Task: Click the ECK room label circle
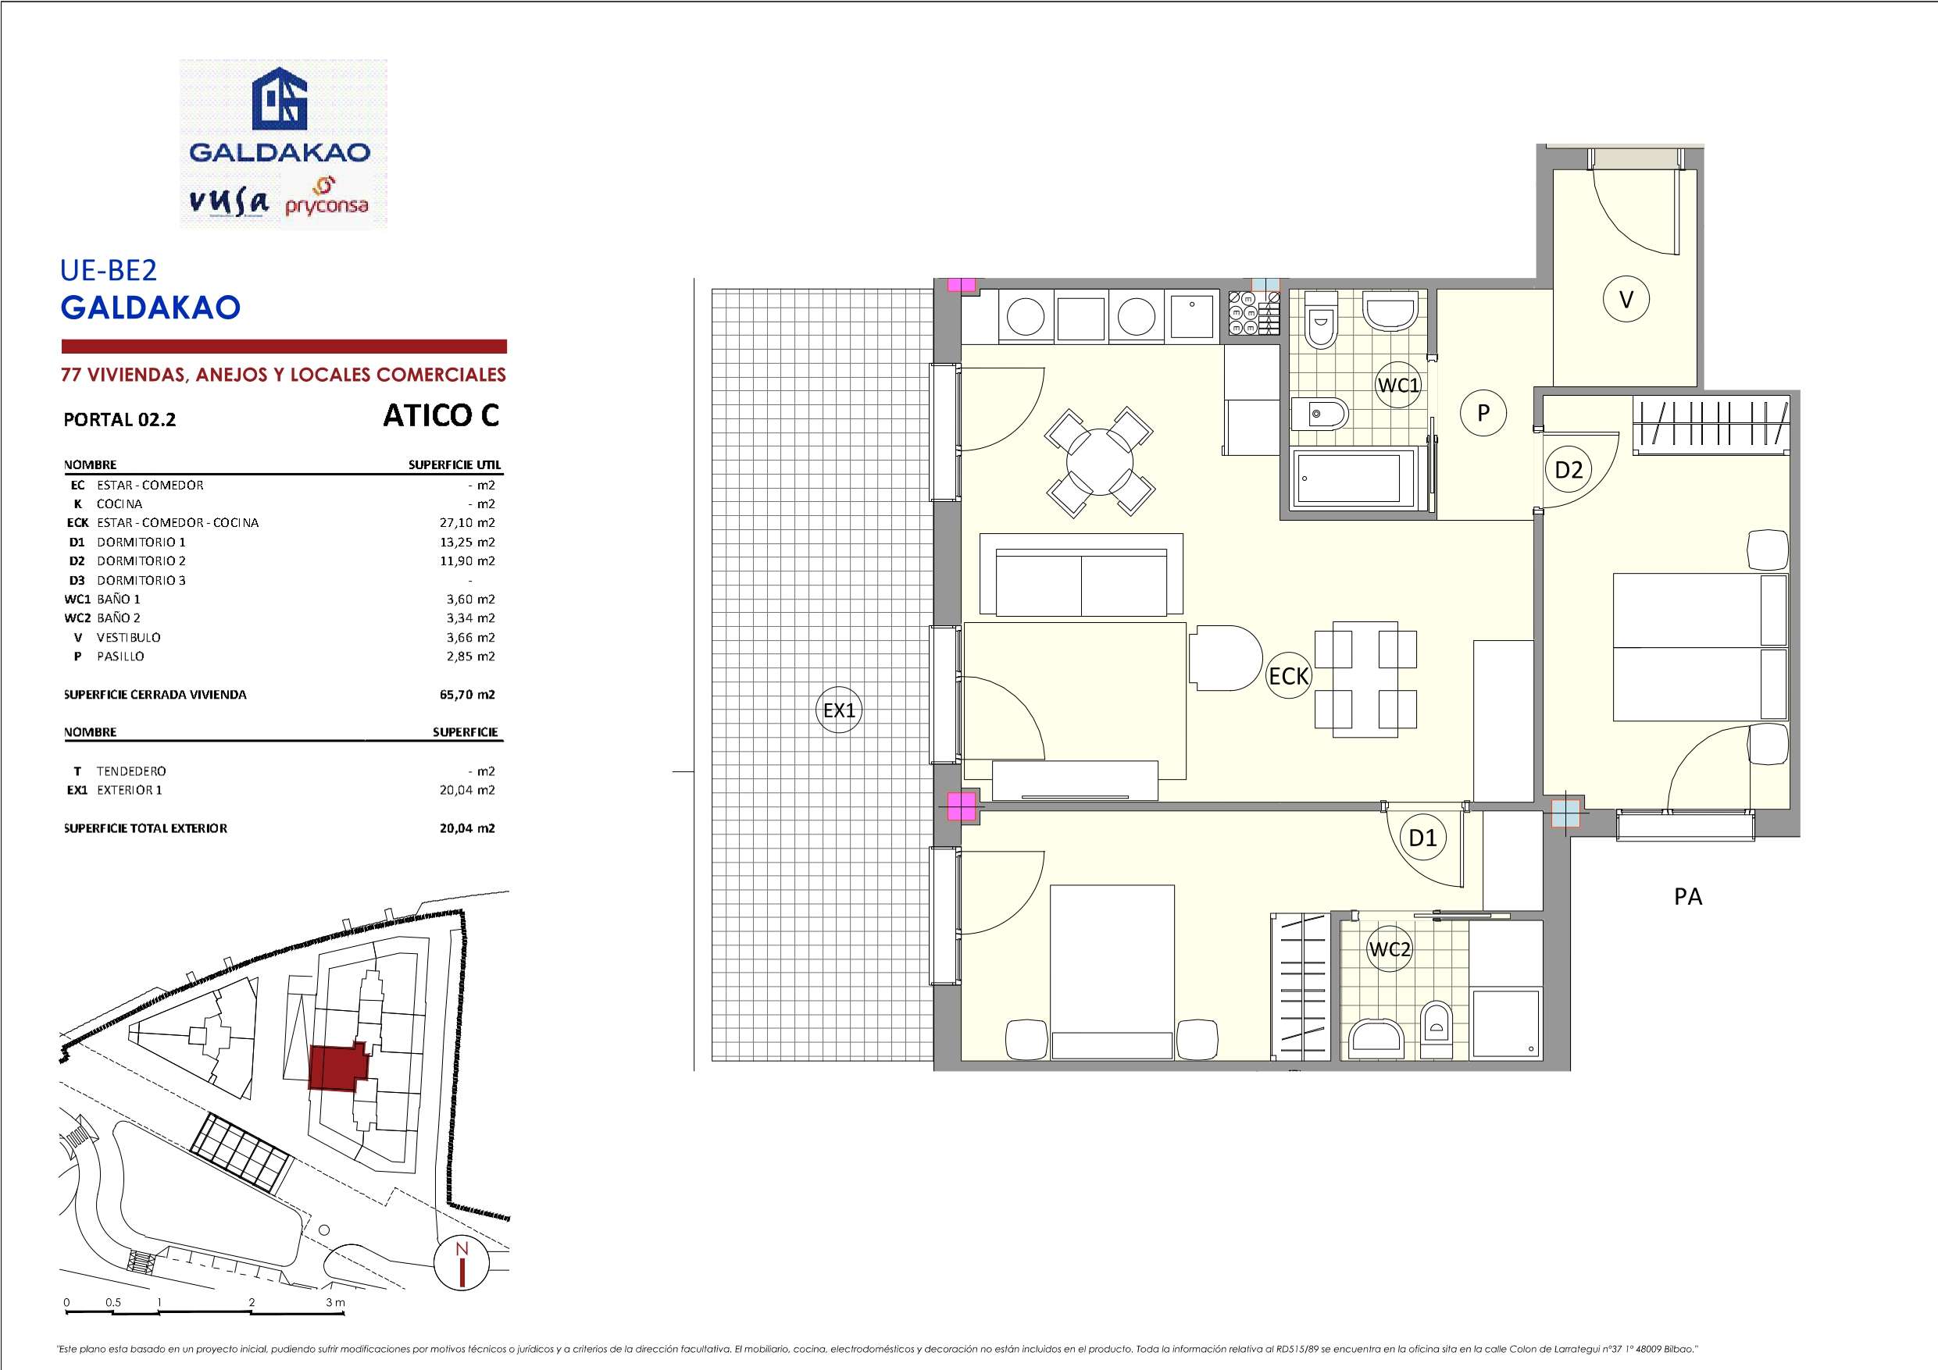[x=1289, y=676]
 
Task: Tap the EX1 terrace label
[x=839, y=710]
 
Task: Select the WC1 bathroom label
[x=1399, y=386]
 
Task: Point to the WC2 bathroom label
[x=1390, y=949]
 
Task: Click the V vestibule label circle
[x=1626, y=299]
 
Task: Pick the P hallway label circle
[x=1483, y=412]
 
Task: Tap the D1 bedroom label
[x=1422, y=838]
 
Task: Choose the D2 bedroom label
[x=1569, y=469]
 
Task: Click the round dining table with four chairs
[x=1100, y=462]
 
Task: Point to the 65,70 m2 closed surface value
[x=467, y=695]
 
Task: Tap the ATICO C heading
[x=441, y=416]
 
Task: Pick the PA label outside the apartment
[x=1687, y=897]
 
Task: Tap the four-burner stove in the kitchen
[x=1253, y=314]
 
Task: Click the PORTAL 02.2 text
[x=120, y=420]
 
